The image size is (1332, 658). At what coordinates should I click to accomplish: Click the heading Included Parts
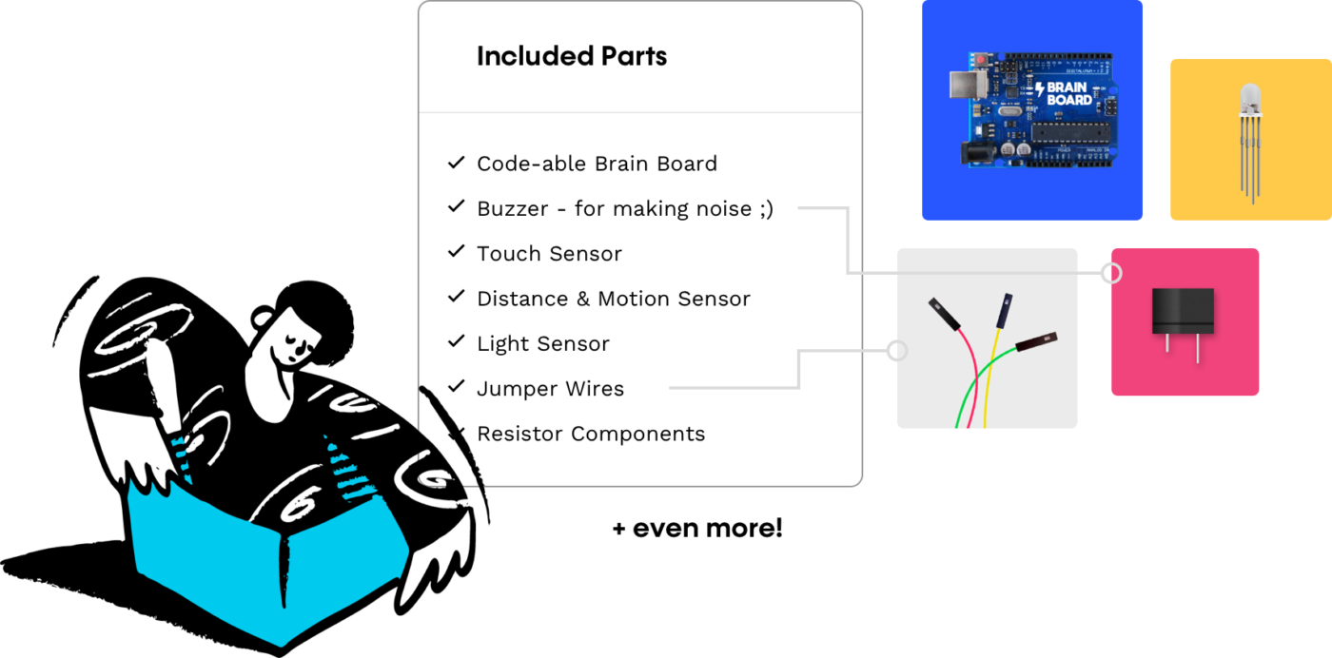pyautogui.click(x=571, y=57)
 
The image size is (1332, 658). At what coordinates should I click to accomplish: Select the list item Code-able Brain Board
pyautogui.click(x=597, y=164)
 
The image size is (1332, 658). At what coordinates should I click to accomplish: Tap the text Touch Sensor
pyautogui.click(x=549, y=254)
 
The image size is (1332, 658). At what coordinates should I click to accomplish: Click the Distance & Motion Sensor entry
pyautogui.click(x=613, y=299)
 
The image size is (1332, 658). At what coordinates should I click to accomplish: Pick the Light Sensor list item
pyautogui.click(x=542, y=343)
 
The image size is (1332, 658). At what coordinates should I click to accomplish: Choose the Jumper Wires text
pyautogui.click(x=550, y=389)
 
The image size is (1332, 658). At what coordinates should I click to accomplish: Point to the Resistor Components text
pyautogui.click(x=591, y=434)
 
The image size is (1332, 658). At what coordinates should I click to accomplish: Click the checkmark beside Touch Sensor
pyautogui.click(x=456, y=252)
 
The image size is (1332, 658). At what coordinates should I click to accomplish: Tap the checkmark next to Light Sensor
pyautogui.click(x=456, y=342)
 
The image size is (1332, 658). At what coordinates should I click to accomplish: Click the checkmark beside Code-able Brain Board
pyautogui.click(x=456, y=163)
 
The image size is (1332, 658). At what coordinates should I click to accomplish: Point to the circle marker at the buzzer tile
pyautogui.click(x=1110, y=274)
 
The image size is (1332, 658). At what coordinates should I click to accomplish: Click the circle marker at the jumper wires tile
pyautogui.click(x=895, y=351)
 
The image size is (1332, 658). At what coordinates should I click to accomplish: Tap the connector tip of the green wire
pyautogui.click(x=1037, y=340)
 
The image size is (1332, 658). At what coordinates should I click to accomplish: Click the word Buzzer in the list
pyautogui.click(x=512, y=209)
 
